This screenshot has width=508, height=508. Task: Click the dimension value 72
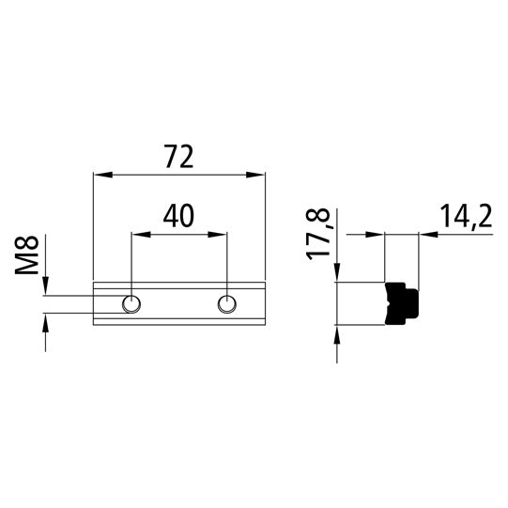(178, 156)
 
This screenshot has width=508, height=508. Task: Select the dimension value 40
(178, 216)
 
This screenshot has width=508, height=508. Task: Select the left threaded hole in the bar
(132, 302)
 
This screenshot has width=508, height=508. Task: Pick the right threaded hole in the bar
(226, 302)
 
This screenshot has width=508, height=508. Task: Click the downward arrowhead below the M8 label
(43, 288)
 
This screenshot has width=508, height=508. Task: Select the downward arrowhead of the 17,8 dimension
(336, 273)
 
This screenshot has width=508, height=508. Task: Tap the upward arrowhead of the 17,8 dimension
(336, 333)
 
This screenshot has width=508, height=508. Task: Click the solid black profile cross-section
(403, 303)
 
